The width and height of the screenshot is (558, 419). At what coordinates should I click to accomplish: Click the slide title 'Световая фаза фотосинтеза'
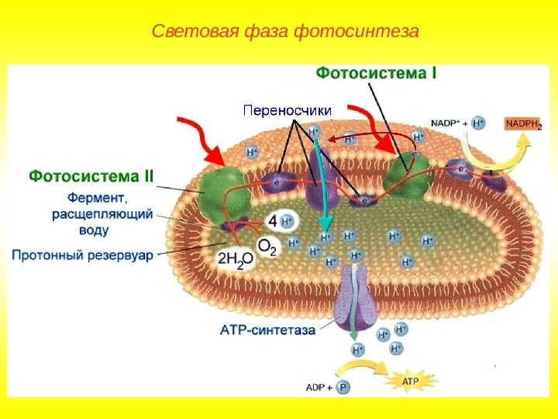pos(285,32)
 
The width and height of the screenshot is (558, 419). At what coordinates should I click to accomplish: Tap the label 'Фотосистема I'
pos(377,74)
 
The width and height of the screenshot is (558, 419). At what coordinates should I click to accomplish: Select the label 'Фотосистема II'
pos(91,176)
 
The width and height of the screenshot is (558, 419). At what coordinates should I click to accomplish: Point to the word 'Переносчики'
pos(288,110)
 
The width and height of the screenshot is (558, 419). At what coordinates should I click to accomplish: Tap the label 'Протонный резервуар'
pos(83,254)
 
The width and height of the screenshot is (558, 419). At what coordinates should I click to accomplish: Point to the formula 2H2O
pos(235,260)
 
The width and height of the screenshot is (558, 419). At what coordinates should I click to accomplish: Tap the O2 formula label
pos(267,246)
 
